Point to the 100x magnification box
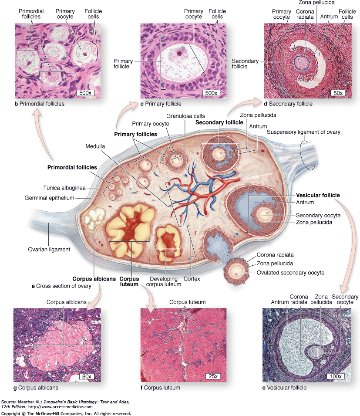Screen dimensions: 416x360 click(336, 376)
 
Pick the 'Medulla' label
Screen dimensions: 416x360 click(95, 147)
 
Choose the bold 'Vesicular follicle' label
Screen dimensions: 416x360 click(318, 195)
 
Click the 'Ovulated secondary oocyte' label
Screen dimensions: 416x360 click(296, 273)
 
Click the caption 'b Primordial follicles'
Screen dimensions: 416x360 click(39, 104)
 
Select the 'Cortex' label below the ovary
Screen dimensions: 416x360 click(192, 279)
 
